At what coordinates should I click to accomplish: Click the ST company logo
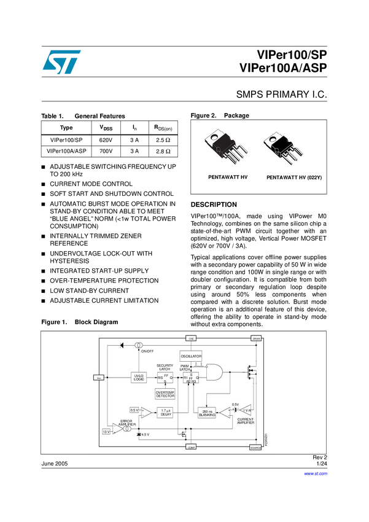[61, 62]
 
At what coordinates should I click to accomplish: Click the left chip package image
[226, 147]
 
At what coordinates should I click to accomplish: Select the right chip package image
[287, 148]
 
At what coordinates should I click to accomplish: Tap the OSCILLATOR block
[191, 356]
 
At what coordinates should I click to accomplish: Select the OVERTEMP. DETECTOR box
[165, 394]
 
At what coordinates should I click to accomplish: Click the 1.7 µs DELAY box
[165, 413]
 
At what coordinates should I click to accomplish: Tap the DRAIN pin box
[257, 338]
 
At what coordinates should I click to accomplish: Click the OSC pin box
[191, 338]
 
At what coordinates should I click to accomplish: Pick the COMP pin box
[191, 448]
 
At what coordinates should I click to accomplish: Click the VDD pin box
[98, 378]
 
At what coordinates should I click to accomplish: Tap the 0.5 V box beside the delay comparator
[134, 410]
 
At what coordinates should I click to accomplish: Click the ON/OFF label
[147, 351]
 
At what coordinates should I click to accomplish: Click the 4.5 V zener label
[146, 435]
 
